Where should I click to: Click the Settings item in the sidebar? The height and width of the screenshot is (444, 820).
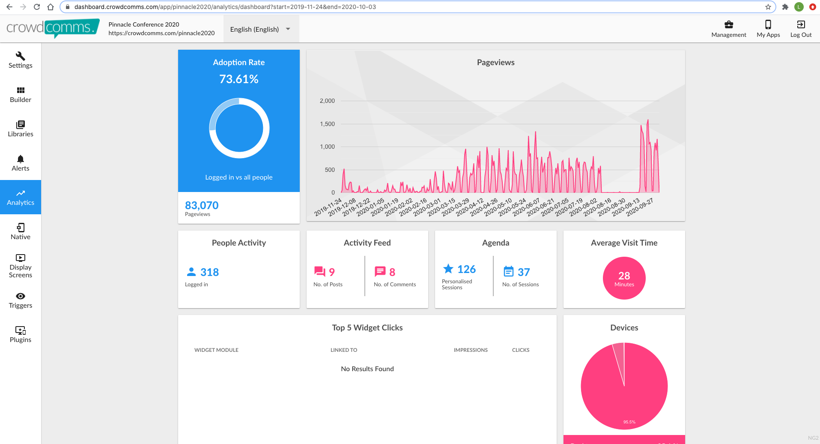21,60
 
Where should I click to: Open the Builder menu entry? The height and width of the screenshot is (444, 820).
21,94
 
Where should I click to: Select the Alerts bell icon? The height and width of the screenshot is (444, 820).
21,159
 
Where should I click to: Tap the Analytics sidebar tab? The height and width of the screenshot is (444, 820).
21,197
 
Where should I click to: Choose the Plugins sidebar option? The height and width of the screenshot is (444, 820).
21,334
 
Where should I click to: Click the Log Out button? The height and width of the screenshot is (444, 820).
801,29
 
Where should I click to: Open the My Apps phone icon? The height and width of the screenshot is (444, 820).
768,24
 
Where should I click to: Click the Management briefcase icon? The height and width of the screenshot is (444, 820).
729,24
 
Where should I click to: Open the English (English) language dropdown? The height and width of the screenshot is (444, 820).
261,29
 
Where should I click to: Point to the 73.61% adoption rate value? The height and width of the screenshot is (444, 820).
239,79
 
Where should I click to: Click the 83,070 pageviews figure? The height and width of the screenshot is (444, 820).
202,205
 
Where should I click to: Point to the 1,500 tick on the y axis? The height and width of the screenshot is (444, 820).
327,124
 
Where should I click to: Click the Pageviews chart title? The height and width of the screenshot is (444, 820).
496,63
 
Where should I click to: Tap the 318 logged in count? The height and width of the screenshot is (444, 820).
209,272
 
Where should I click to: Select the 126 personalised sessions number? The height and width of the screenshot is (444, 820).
466,269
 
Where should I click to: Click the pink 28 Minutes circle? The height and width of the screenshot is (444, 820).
624,278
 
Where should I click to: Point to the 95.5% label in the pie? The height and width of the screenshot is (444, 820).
629,422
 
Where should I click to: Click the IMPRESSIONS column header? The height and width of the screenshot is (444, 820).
471,350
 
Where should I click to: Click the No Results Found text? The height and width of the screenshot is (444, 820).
367,369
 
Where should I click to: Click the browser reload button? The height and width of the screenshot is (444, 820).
37,7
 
